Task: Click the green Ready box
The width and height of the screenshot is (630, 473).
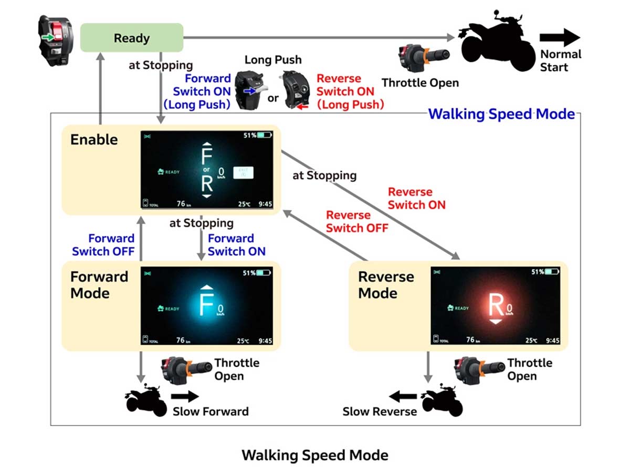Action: (x=131, y=38)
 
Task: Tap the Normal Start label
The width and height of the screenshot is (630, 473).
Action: (x=561, y=60)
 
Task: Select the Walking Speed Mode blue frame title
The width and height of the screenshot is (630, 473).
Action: (x=501, y=114)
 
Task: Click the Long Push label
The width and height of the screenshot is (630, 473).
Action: (x=273, y=60)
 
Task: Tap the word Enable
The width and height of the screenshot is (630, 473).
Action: (x=94, y=140)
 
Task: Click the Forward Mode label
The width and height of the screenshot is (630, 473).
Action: (x=99, y=285)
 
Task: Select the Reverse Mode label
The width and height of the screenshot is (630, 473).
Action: (x=386, y=285)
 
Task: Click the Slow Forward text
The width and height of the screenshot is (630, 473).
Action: (x=211, y=411)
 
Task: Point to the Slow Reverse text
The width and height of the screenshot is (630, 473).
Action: (x=380, y=411)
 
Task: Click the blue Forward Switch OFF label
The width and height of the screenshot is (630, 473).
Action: (x=103, y=245)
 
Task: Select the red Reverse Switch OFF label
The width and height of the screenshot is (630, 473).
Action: (x=357, y=222)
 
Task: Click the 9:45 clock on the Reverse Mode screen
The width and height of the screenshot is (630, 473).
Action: (x=552, y=341)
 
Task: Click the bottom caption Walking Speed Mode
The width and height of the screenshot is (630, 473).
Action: (x=315, y=455)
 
